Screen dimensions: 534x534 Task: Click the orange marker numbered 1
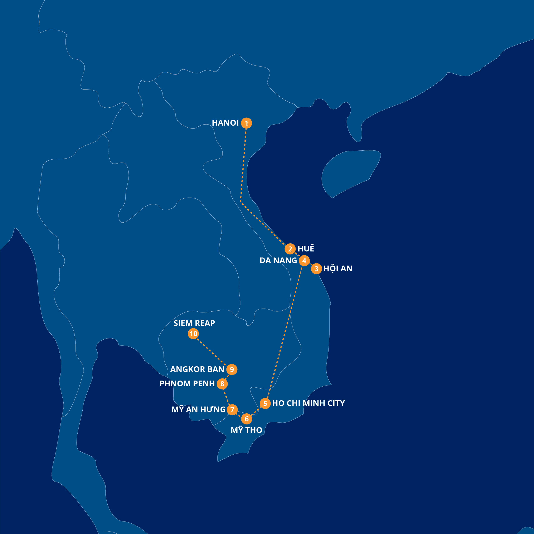246,123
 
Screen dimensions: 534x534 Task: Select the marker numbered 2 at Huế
290,249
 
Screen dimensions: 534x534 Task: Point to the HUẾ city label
306,248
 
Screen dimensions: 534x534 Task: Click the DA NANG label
278,260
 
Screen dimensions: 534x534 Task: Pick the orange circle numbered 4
304,261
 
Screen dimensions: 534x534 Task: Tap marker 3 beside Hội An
316,269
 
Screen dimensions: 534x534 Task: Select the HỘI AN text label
338,269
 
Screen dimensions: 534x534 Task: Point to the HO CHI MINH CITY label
308,403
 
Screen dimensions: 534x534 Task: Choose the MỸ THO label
246,430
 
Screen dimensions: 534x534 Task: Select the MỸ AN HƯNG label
198,409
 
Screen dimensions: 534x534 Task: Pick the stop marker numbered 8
222,384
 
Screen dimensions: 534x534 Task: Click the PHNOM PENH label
187,384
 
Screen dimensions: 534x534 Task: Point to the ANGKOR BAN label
197,369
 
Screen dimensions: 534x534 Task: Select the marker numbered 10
193,334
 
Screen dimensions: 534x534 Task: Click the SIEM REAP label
194,323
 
